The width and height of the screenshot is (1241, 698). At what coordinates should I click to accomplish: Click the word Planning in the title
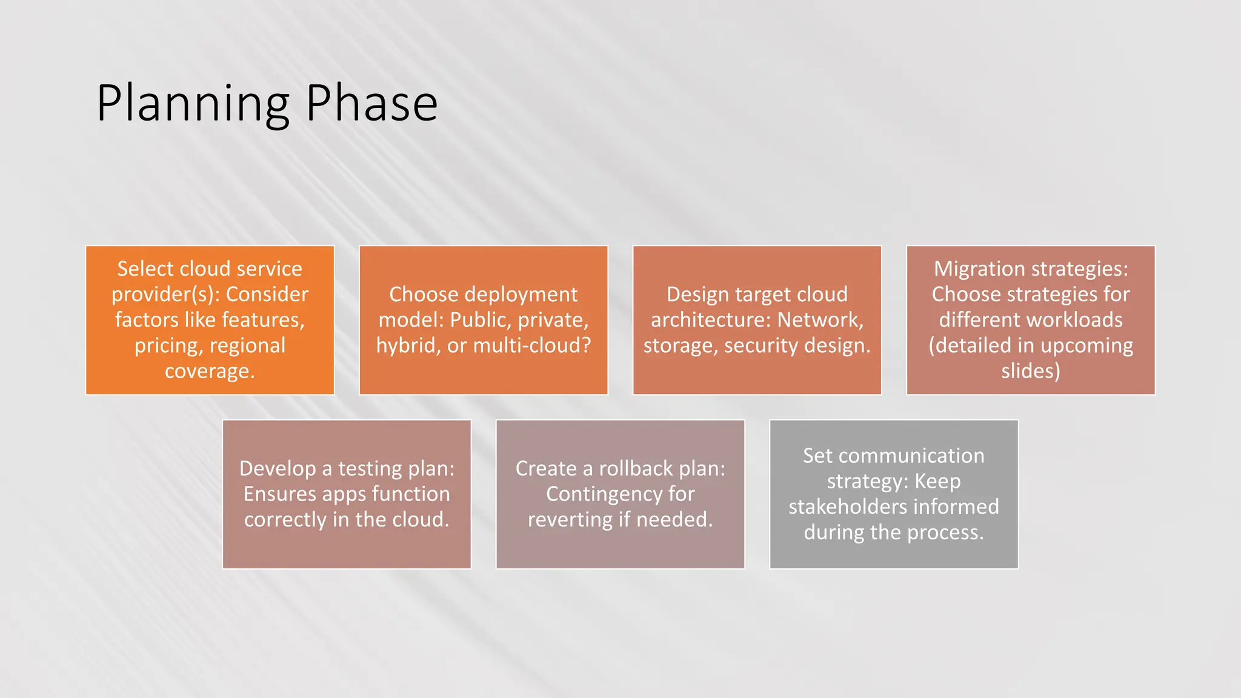click(x=193, y=104)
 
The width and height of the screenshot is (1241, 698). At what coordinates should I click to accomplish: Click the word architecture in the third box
click(x=711, y=320)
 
